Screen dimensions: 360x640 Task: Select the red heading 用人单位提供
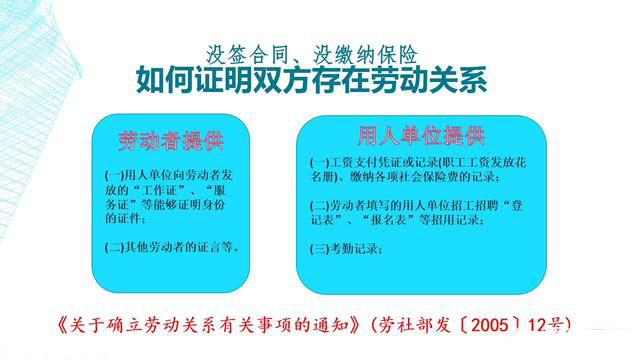tap(421, 135)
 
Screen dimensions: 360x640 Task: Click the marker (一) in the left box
tap(112, 173)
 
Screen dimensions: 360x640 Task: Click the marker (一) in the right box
tap(319, 162)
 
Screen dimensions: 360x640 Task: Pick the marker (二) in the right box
tap(319, 205)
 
